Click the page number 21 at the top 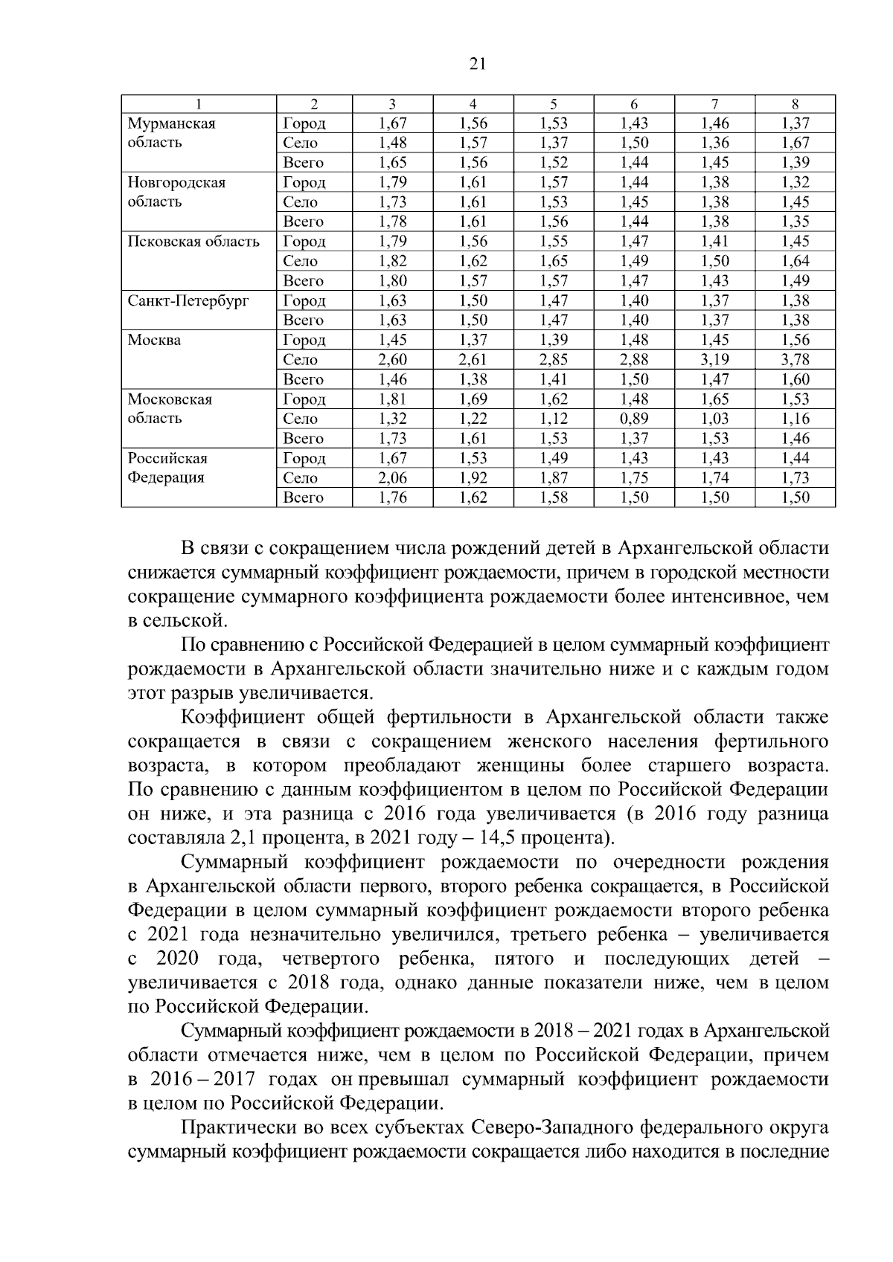click(x=478, y=64)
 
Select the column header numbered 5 click(x=554, y=105)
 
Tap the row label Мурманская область click(x=172, y=133)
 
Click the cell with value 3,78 click(x=795, y=360)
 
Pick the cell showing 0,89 click(x=634, y=419)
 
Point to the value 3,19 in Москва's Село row click(x=714, y=360)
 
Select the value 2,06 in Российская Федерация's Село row click(x=393, y=478)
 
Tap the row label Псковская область click(x=193, y=242)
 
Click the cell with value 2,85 click(x=554, y=360)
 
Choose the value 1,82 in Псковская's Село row click(x=393, y=261)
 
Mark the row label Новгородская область click(x=176, y=192)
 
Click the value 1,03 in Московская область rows click(x=714, y=419)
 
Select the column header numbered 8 click(x=795, y=105)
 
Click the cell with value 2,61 click(x=473, y=360)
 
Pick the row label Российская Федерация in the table click(x=167, y=468)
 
